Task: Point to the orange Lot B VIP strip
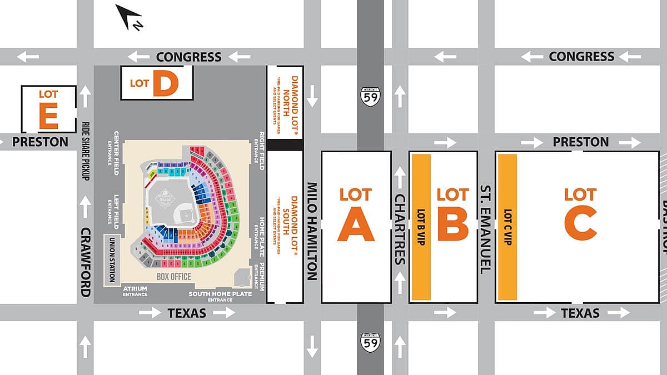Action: pyautogui.click(x=421, y=227)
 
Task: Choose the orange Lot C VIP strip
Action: pyautogui.click(x=507, y=227)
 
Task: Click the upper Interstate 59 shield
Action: pyautogui.click(x=370, y=97)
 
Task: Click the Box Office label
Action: pyautogui.click(x=173, y=277)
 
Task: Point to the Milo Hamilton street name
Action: pyautogui.click(x=312, y=231)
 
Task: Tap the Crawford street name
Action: pyautogui.click(x=85, y=262)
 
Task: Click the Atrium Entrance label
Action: pyautogui.click(x=135, y=291)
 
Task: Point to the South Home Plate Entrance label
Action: pyautogui.click(x=220, y=297)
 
